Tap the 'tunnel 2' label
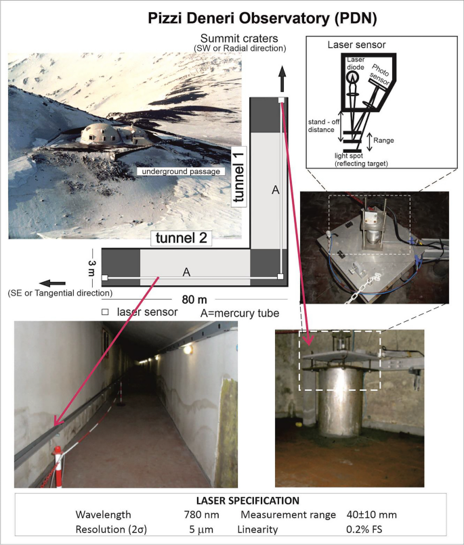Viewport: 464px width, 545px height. pos(182,238)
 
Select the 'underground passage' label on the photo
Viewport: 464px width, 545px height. pos(181,171)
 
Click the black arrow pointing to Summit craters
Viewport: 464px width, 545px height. pos(282,79)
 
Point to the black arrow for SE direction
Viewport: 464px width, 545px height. pos(52,283)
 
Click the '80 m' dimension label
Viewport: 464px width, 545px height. pos(194,300)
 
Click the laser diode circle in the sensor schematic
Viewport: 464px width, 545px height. pos(354,77)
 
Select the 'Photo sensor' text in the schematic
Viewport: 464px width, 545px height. pos(380,75)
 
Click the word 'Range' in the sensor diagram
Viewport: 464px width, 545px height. pos(383,141)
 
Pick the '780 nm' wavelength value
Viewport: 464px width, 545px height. pos(202,515)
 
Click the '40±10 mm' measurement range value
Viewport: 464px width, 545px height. pos(371,515)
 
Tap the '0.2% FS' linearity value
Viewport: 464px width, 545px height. pos(364,529)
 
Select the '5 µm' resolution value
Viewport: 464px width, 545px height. pos(201,529)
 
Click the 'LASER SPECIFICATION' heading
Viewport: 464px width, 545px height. pos(247,500)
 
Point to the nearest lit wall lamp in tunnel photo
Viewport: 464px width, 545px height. pos(188,350)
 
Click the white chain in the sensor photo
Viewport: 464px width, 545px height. pos(364,288)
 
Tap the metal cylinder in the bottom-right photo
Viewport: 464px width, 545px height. pos(338,402)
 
